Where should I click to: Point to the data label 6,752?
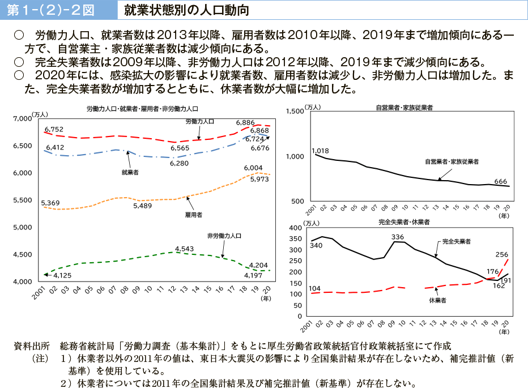coord(54,129)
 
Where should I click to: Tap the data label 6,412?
coord(54,147)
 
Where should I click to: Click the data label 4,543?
coord(185,249)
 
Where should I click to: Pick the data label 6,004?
coord(253,168)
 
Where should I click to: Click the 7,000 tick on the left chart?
coord(23,118)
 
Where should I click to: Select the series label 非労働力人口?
coord(224,235)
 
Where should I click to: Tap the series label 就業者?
coord(130,172)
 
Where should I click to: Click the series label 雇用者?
coord(194,215)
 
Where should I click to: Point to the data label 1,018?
coord(320,150)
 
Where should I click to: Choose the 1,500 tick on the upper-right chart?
coord(296,111)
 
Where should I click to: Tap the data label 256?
coord(501,254)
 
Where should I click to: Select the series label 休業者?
coord(437,301)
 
